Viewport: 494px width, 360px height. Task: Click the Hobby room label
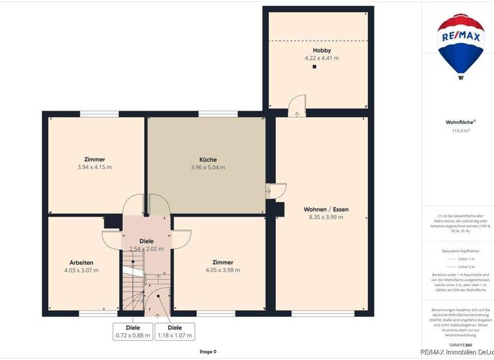[x=322, y=50]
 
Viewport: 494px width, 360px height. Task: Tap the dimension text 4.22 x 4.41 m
[x=322, y=58]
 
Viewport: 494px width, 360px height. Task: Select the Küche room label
[x=208, y=159]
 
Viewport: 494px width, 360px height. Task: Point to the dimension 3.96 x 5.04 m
[x=208, y=168]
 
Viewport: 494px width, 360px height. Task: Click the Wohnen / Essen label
[x=326, y=210]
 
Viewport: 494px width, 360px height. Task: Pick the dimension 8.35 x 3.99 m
[x=326, y=217]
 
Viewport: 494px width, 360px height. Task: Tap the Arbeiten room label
[x=82, y=262]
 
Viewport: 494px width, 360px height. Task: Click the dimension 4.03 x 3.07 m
[x=82, y=271]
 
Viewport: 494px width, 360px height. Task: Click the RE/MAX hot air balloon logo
[x=461, y=45]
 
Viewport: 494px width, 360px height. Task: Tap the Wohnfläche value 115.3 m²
[x=461, y=130]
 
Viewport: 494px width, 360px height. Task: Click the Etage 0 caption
[x=208, y=352]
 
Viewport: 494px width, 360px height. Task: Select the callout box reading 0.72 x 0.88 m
[x=133, y=331]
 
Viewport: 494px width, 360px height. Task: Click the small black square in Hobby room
[x=315, y=66]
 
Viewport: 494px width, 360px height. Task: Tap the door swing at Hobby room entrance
[x=297, y=105]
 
